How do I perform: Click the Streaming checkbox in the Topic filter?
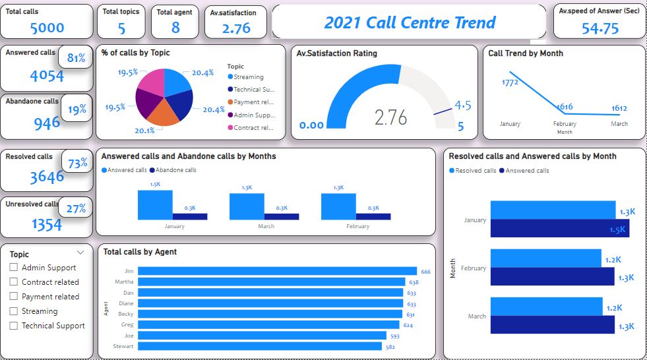(x=13, y=311)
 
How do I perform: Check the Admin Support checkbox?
(x=13, y=268)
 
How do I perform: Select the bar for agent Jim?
(x=277, y=271)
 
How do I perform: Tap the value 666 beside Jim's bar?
(x=425, y=272)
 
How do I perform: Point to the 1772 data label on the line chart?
(x=510, y=82)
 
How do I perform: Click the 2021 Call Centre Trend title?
(x=409, y=22)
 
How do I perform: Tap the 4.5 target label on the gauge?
(x=462, y=105)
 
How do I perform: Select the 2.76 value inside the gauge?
(x=390, y=117)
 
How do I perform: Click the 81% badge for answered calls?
(x=77, y=58)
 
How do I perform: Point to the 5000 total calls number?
(x=47, y=28)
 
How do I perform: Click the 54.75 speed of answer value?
(x=600, y=28)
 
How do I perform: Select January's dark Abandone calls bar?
(x=190, y=216)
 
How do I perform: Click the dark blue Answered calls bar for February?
(x=553, y=277)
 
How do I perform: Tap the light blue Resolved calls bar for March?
(x=547, y=307)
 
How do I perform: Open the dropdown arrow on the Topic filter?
(x=80, y=253)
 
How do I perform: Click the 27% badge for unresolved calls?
(x=77, y=209)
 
